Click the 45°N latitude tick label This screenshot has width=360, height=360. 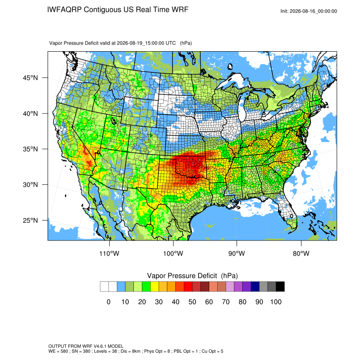[x=30, y=78]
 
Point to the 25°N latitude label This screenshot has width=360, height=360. [x=30, y=220]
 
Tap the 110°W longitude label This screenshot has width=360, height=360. [x=109, y=253]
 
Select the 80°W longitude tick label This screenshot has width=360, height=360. [x=301, y=253]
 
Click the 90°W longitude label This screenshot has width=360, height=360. [x=236, y=253]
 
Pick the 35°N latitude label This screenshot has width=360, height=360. [x=30, y=149]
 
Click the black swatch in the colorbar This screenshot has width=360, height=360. [x=280, y=287]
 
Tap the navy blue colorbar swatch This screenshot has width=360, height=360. [x=255, y=287]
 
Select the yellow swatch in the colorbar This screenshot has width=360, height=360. [x=155, y=287]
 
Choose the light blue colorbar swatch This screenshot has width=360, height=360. [x=121, y=287]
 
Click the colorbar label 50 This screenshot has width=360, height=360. [x=192, y=302]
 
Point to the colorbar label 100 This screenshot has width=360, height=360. [x=276, y=302]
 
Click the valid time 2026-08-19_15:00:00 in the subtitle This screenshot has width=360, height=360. [x=146, y=43]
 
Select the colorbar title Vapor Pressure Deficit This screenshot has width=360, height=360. [x=182, y=276]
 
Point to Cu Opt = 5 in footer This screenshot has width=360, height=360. [x=212, y=351]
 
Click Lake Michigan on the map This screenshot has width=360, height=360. [x=241, y=108]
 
